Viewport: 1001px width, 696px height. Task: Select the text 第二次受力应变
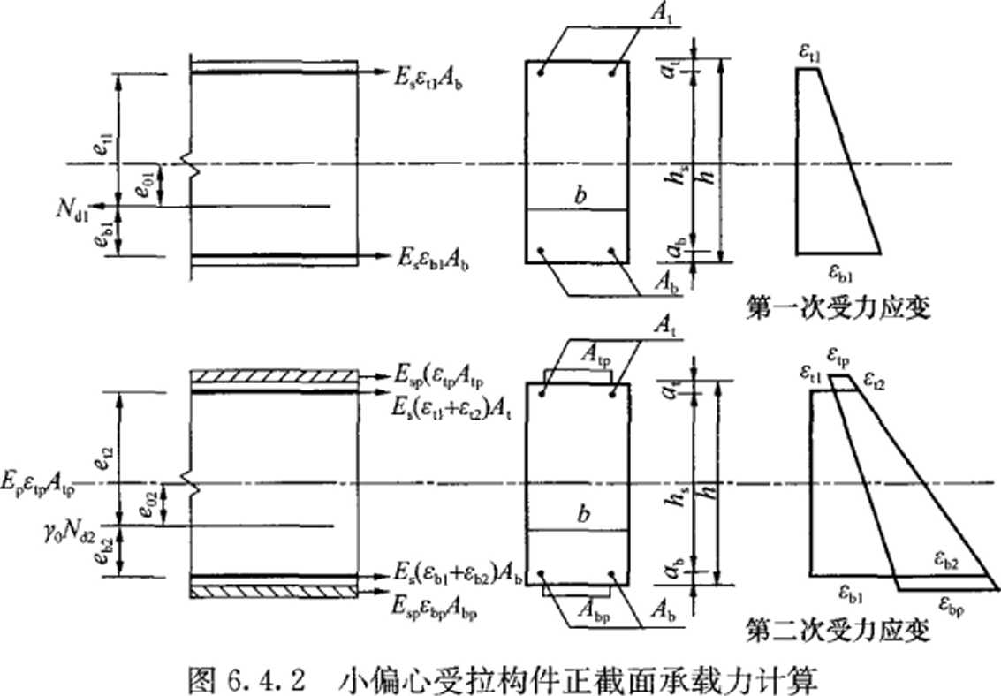tap(838, 632)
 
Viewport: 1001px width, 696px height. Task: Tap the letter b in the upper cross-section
tap(579, 195)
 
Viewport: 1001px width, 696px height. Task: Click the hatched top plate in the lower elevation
tap(275, 377)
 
